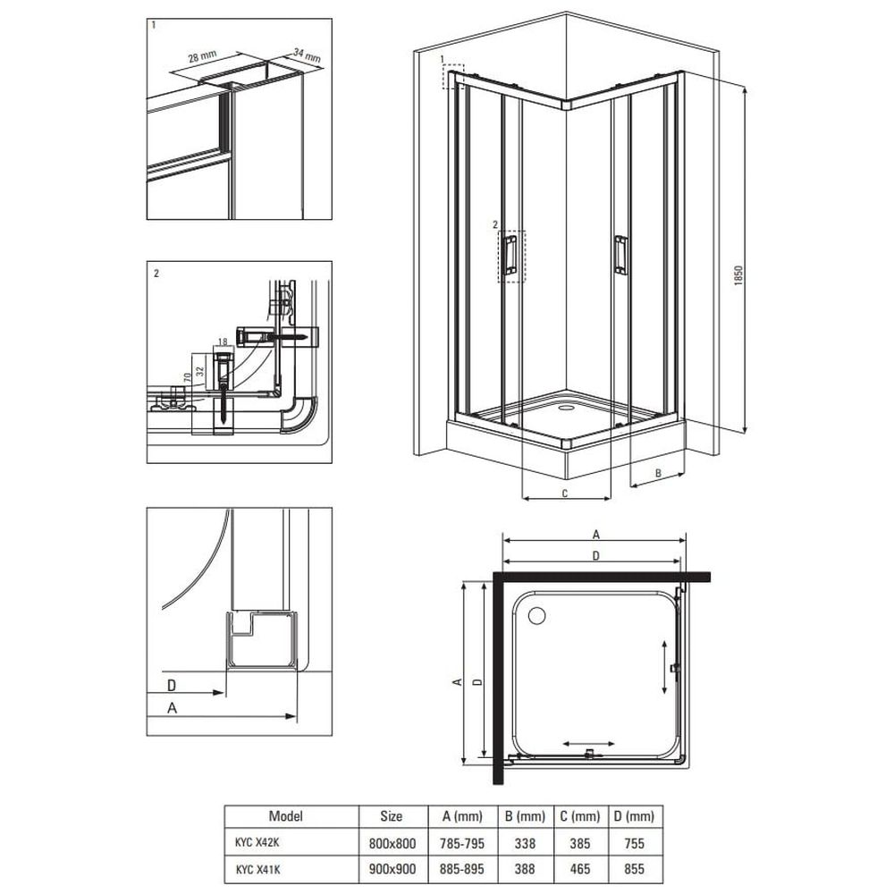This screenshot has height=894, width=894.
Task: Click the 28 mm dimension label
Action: (x=202, y=58)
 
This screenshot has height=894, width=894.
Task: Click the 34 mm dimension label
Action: (x=308, y=55)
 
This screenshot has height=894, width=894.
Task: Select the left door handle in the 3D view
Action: (x=510, y=254)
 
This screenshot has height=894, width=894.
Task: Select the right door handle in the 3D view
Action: (x=621, y=254)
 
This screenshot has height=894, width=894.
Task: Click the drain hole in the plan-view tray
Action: (x=537, y=615)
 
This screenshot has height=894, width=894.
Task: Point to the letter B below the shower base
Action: (x=658, y=473)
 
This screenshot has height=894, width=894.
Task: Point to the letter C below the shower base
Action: (x=565, y=493)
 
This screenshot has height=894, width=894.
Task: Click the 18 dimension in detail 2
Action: (x=223, y=342)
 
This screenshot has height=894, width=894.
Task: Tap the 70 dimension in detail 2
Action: (x=187, y=377)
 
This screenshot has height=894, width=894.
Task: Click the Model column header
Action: (x=286, y=816)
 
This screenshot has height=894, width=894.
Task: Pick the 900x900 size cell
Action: (x=392, y=869)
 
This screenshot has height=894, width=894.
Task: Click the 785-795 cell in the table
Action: (x=462, y=843)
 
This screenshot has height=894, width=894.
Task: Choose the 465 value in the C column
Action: (x=580, y=869)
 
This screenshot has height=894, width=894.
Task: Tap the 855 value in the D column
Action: (x=634, y=869)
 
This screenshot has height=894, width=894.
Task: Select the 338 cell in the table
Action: (x=525, y=843)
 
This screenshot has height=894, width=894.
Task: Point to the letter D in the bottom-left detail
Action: (x=171, y=684)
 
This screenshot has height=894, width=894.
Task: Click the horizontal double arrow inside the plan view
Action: (x=588, y=744)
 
